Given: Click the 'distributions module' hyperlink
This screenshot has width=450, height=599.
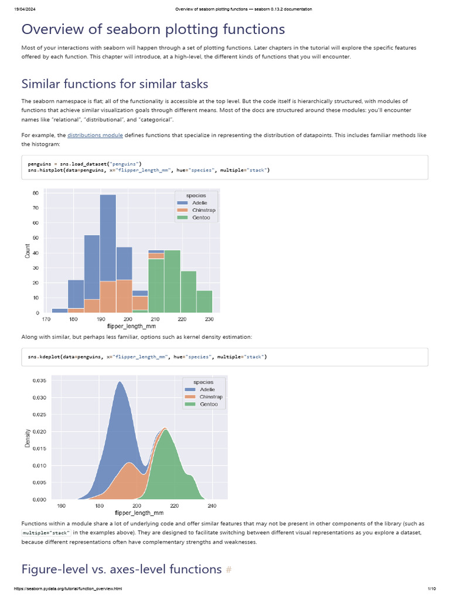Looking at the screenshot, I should point(95,135).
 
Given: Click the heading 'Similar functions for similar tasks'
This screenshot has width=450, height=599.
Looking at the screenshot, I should point(115,84).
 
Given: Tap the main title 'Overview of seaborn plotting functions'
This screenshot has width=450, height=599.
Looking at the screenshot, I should point(154,29).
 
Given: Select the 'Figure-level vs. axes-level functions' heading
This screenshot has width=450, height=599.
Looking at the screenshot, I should point(121,569).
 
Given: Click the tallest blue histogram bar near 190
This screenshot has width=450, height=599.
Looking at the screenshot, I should point(108,234).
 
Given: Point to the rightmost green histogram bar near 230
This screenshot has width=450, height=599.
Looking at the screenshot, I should point(204,301).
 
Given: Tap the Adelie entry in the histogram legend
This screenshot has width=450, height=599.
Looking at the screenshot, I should point(196,202).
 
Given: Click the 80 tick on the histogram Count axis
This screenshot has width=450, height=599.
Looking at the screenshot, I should point(36,192).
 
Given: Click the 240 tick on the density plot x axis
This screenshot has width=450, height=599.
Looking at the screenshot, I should point(212,506).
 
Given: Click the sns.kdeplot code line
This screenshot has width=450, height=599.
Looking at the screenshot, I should point(147,356).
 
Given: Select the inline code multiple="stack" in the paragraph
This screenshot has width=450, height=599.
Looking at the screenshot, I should point(46,533).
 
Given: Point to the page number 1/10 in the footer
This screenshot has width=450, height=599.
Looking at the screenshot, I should point(432,588).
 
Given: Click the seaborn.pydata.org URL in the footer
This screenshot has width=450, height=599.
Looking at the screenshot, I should point(68,588).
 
